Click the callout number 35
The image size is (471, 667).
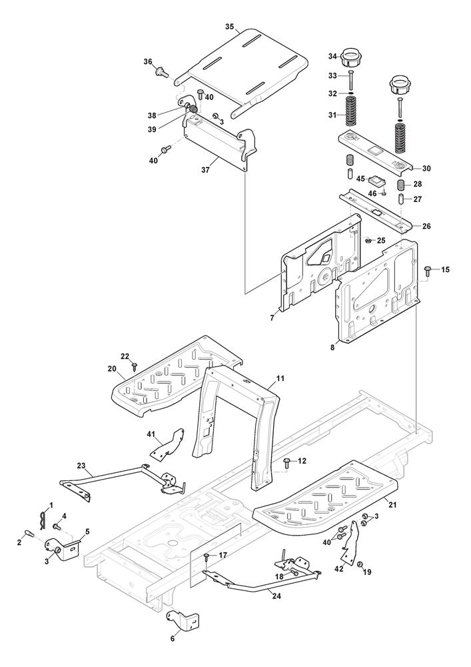(x=229, y=27)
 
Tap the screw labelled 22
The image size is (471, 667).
(x=135, y=365)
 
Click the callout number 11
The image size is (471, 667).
(x=280, y=379)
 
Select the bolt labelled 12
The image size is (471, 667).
(x=287, y=461)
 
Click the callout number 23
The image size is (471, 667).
(x=81, y=466)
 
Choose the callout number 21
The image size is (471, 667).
(x=392, y=505)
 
